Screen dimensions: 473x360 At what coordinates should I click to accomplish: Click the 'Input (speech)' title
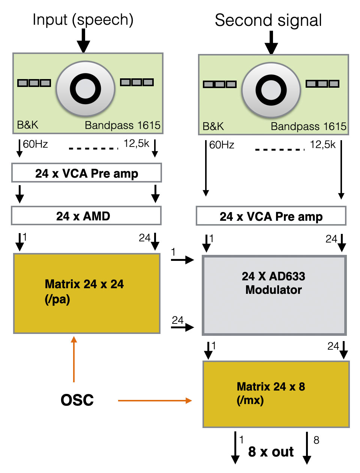83,20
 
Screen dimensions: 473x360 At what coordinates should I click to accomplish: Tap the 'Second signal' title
268,21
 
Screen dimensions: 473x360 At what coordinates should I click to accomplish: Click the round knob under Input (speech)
85,89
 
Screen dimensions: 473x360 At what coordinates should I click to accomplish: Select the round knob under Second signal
271,90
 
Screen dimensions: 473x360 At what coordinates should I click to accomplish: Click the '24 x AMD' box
86,216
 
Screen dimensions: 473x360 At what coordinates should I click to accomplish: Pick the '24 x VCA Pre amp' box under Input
87,173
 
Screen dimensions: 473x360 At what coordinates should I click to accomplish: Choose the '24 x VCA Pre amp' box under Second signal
271,216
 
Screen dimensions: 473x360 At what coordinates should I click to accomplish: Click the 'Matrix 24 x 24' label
84,284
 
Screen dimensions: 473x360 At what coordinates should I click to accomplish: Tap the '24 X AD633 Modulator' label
273,283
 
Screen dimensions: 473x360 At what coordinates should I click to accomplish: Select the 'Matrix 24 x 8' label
271,387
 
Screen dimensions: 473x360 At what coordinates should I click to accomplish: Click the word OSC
77,400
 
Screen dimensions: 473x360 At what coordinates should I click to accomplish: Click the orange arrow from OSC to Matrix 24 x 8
154,401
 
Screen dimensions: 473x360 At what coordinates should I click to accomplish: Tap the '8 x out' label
271,452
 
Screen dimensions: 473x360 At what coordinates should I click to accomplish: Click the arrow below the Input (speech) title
83,40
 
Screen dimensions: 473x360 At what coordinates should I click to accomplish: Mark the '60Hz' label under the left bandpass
35,144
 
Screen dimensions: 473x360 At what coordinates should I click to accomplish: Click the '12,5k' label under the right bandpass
322,144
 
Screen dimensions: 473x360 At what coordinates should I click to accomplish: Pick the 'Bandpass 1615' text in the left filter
122,125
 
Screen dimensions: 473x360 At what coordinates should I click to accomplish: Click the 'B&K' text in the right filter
213,126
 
